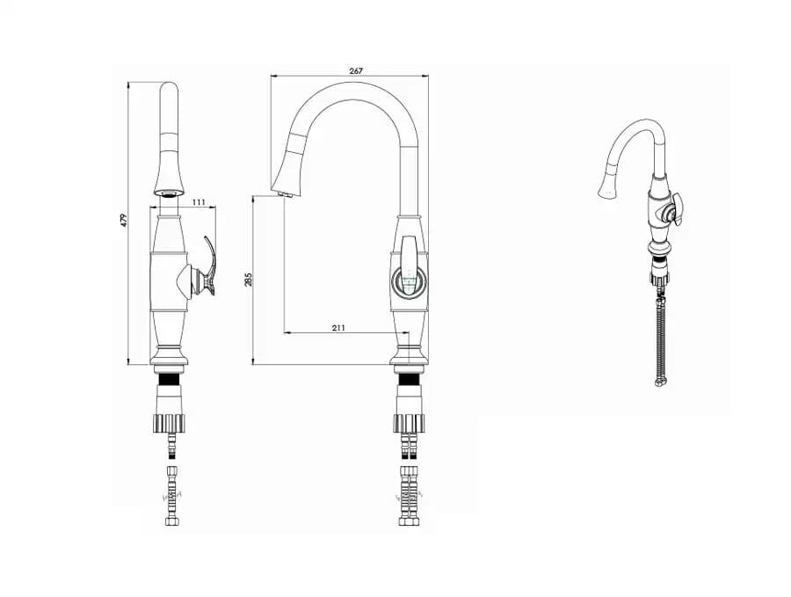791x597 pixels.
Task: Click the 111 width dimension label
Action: pos(199,202)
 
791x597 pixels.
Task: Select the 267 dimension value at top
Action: pos(356,71)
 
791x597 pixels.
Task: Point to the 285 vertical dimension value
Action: pos(248,279)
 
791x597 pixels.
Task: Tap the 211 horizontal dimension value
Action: pos(338,328)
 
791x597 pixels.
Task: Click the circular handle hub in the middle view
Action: pos(410,280)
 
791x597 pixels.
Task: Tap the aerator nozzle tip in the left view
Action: pos(169,193)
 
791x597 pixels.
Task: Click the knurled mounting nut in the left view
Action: pos(169,423)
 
